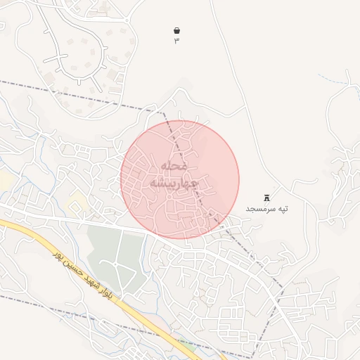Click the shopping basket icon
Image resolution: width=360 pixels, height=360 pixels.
click(176, 31)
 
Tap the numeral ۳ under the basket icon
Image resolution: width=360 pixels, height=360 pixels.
click(176, 41)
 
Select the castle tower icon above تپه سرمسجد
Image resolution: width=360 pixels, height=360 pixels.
click(266, 198)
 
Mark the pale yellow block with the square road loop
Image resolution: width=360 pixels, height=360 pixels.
click(79, 205)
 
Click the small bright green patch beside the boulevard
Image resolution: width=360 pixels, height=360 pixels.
click(187, 345)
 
